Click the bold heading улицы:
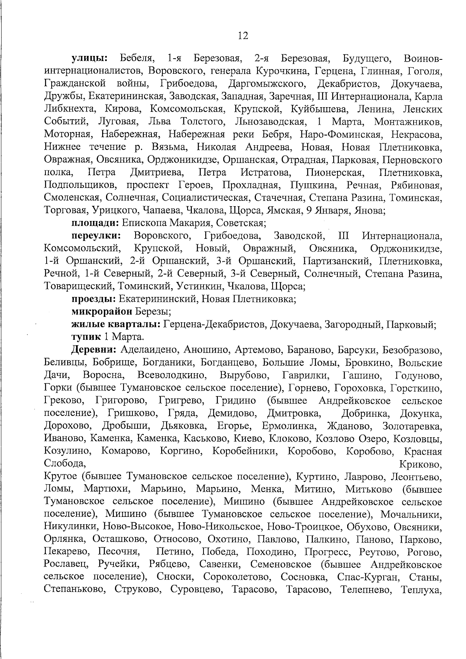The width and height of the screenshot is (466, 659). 90,59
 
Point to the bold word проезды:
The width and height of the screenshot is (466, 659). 94,299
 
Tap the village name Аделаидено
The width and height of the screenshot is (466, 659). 150,350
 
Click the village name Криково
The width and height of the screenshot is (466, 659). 421,464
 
